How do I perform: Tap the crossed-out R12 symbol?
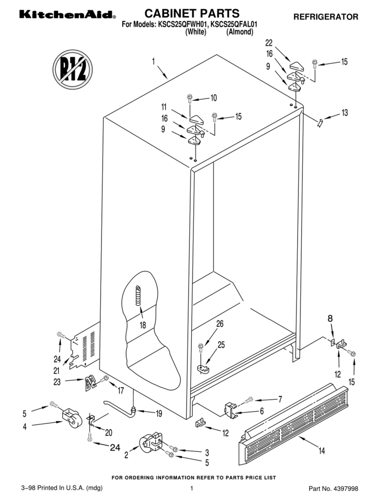(72, 71)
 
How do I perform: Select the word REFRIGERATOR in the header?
(326, 17)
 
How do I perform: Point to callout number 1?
(153, 61)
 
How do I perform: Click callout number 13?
(345, 112)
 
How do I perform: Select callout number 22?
(269, 43)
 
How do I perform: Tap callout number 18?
(143, 324)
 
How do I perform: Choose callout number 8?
(331, 318)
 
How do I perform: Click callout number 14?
(322, 451)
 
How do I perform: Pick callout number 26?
(220, 324)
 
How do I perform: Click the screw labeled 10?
(190, 98)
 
